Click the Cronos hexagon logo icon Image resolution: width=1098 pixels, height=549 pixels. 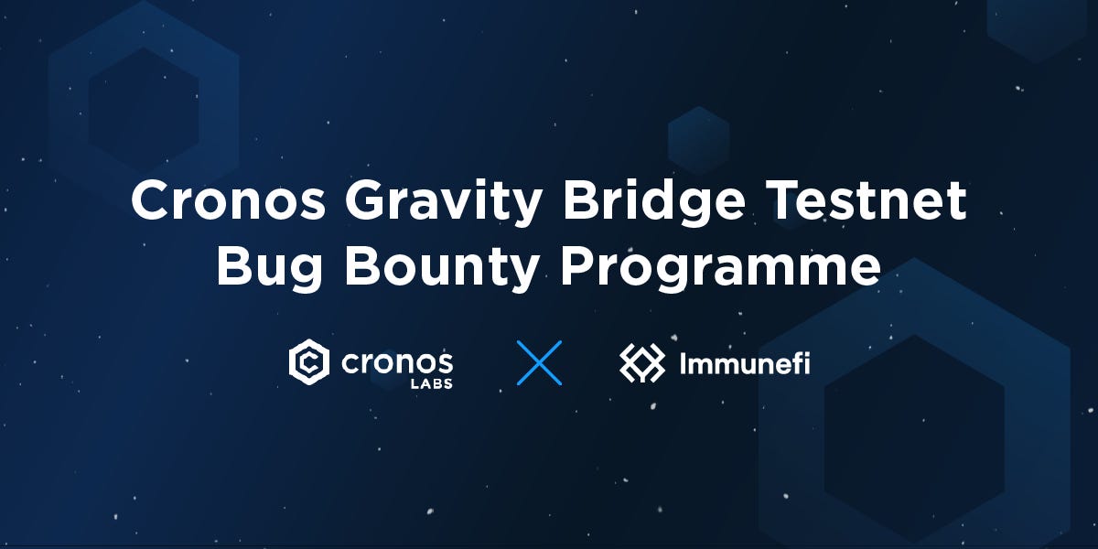[x=309, y=362]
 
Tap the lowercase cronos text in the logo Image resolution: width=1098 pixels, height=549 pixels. [x=397, y=361]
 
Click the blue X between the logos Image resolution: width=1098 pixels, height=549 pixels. [x=539, y=362]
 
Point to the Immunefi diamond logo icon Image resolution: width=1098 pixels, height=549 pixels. [x=642, y=363]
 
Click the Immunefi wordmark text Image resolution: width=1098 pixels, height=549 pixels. [x=744, y=363]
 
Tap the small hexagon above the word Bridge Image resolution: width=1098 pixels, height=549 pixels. [x=698, y=140]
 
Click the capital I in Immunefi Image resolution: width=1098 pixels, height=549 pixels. [x=683, y=363]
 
